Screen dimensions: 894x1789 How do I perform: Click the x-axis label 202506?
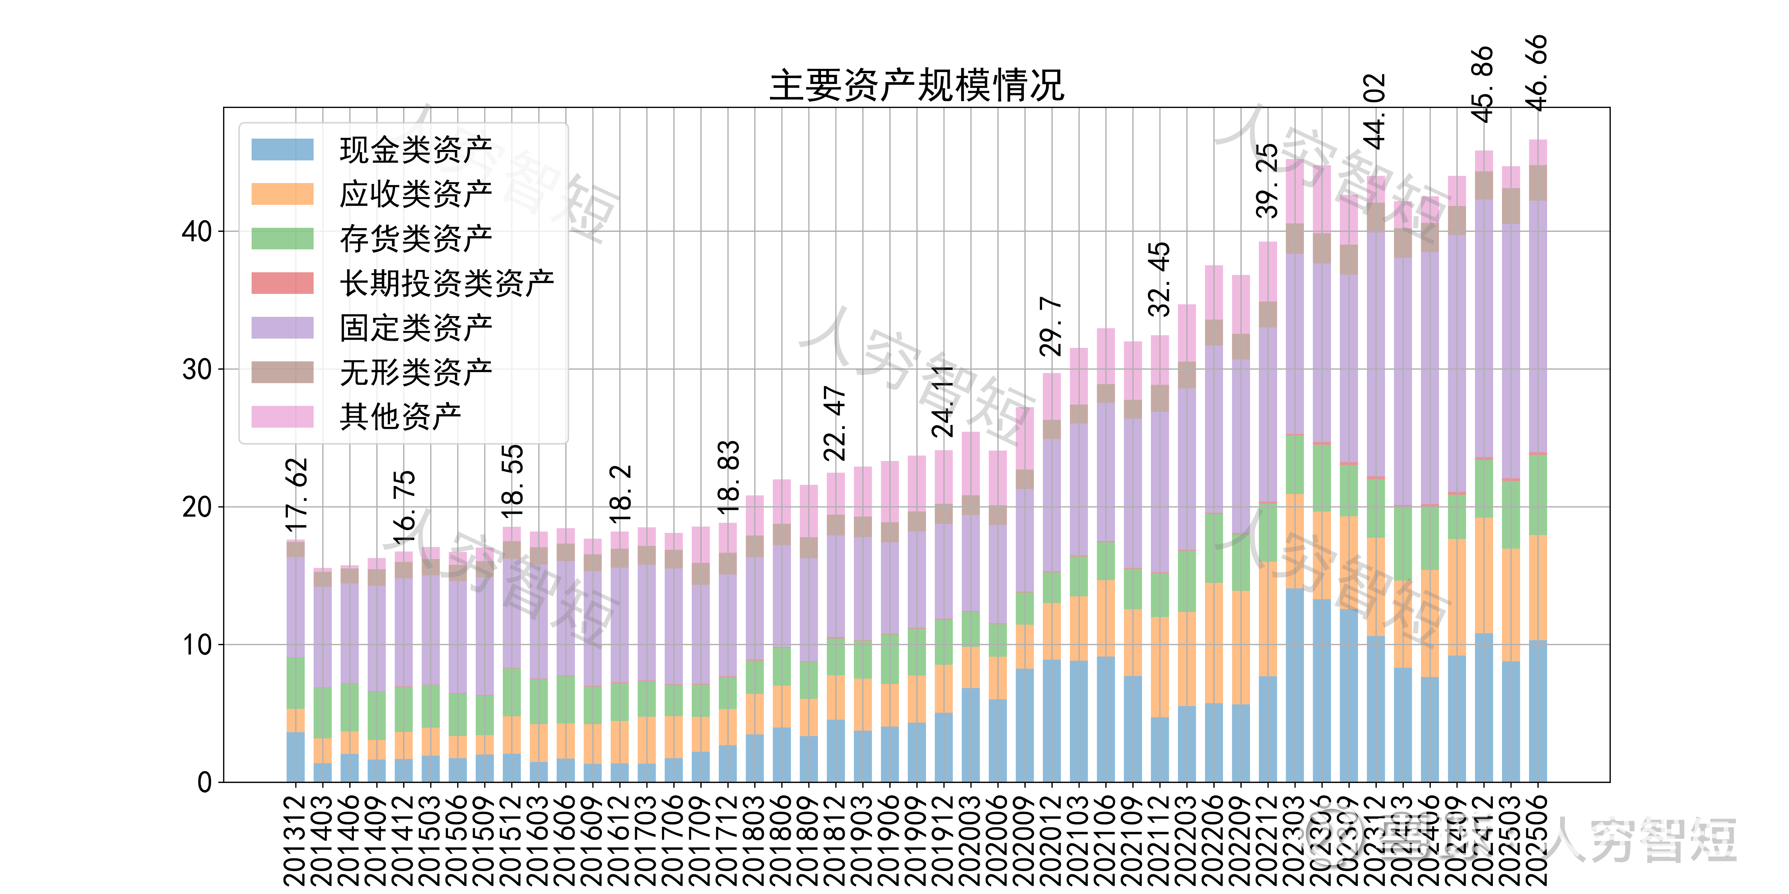pos(1538,840)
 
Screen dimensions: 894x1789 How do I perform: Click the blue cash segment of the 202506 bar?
pos(1538,712)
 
